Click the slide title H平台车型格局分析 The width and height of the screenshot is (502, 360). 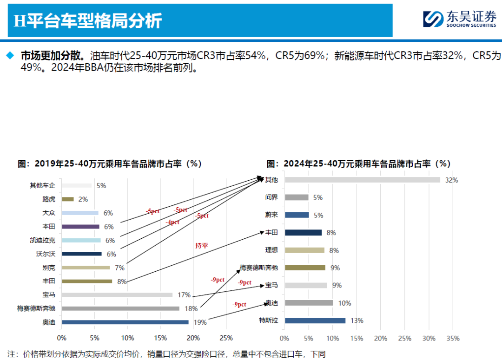(x=88, y=21)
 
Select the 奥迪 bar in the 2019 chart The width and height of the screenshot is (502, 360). (x=125, y=322)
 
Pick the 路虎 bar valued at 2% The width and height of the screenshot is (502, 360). (x=68, y=199)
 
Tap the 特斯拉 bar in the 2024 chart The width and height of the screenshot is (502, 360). (x=315, y=321)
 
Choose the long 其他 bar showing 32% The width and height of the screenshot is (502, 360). (x=362, y=180)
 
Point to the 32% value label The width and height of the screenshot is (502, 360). (x=451, y=180)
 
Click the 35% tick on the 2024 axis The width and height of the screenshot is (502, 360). (x=453, y=338)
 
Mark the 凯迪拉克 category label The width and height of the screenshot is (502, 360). (x=42, y=240)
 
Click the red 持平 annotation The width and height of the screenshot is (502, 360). (x=201, y=245)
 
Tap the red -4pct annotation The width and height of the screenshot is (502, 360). (x=172, y=223)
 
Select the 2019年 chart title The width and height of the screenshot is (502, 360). (x=110, y=164)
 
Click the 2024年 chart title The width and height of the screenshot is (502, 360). (x=358, y=164)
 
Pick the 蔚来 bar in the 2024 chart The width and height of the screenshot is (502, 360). (x=297, y=215)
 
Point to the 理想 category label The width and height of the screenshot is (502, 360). (x=271, y=250)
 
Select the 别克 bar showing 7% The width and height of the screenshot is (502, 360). (x=86, y=268)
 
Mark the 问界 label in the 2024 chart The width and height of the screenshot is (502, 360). (x=271, y=197)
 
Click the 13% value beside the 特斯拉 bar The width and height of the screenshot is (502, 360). (x=357, y=321)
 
